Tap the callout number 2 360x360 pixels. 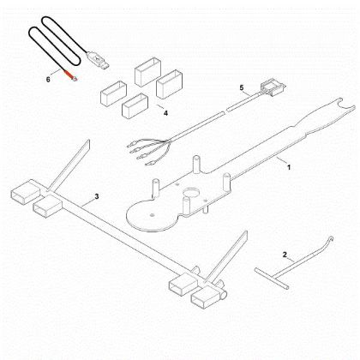pos(285,255)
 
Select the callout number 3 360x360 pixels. pos(97,197)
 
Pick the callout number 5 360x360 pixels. pos(242,88)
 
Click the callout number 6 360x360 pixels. pos(49,78)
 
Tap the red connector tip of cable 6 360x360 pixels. pos(73,77)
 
